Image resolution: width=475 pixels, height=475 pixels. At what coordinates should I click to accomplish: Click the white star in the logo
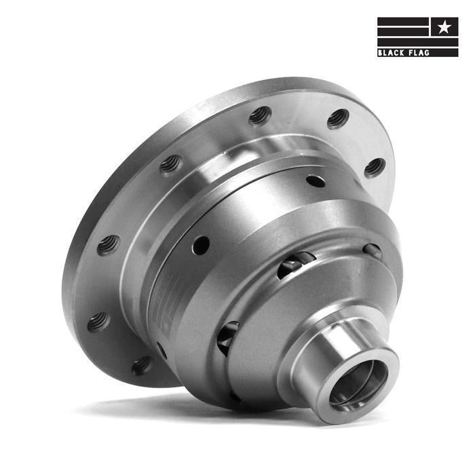pos(443,27)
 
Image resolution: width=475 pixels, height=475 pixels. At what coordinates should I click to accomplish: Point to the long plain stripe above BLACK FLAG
pos(417,41)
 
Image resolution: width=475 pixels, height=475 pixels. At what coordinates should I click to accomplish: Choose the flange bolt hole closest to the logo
pos(337,119)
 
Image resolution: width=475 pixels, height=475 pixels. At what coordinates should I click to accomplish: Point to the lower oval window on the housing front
pos(228,337)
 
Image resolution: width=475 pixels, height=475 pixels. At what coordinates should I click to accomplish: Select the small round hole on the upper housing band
pos(315,181)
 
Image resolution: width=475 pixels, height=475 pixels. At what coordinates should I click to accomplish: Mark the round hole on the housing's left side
pos(200,245)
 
